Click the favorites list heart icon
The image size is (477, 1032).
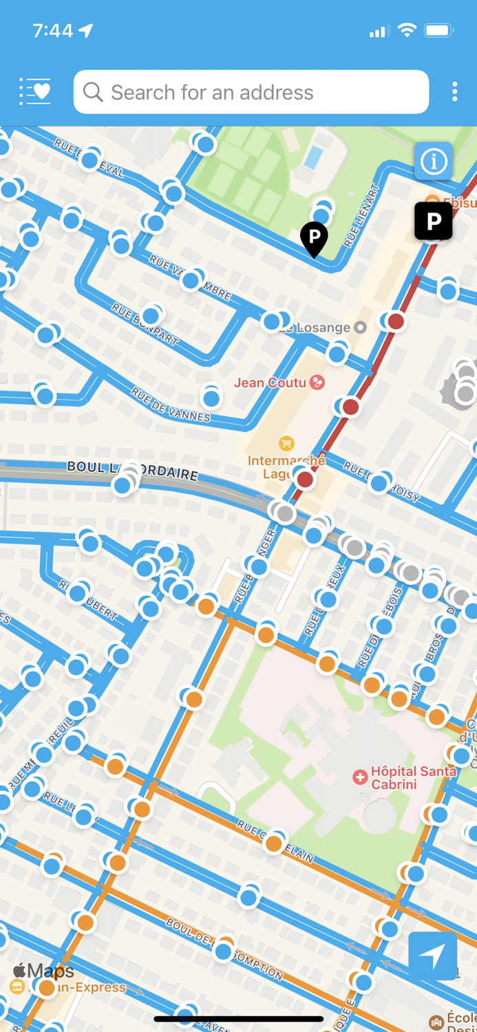tap(35, 92)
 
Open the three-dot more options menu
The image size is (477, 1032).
tap(454, 92)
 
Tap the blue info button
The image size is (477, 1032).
tap(434, 162)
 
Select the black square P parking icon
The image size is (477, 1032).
tap(434, 221)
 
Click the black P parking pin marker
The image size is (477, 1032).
tap(314, 238)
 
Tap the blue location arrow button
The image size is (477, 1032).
tap(432, 956)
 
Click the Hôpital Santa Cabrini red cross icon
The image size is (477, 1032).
tap(359, 777)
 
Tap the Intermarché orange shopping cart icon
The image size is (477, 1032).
tap(286, 443)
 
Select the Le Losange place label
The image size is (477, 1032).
tap(315, 327)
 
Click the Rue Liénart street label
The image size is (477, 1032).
tap(361, 216)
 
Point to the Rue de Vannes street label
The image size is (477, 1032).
tap(170, 405)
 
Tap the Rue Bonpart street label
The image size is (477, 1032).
tap(145, 323)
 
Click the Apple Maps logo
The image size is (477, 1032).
tap(43, 971)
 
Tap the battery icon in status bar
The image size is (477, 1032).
tap(438, 30)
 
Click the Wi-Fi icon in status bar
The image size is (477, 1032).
tap(407, 30)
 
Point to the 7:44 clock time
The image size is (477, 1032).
tap(52, 30)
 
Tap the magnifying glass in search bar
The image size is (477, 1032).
tap(93, 92)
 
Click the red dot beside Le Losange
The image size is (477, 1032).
tap(396, 321)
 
